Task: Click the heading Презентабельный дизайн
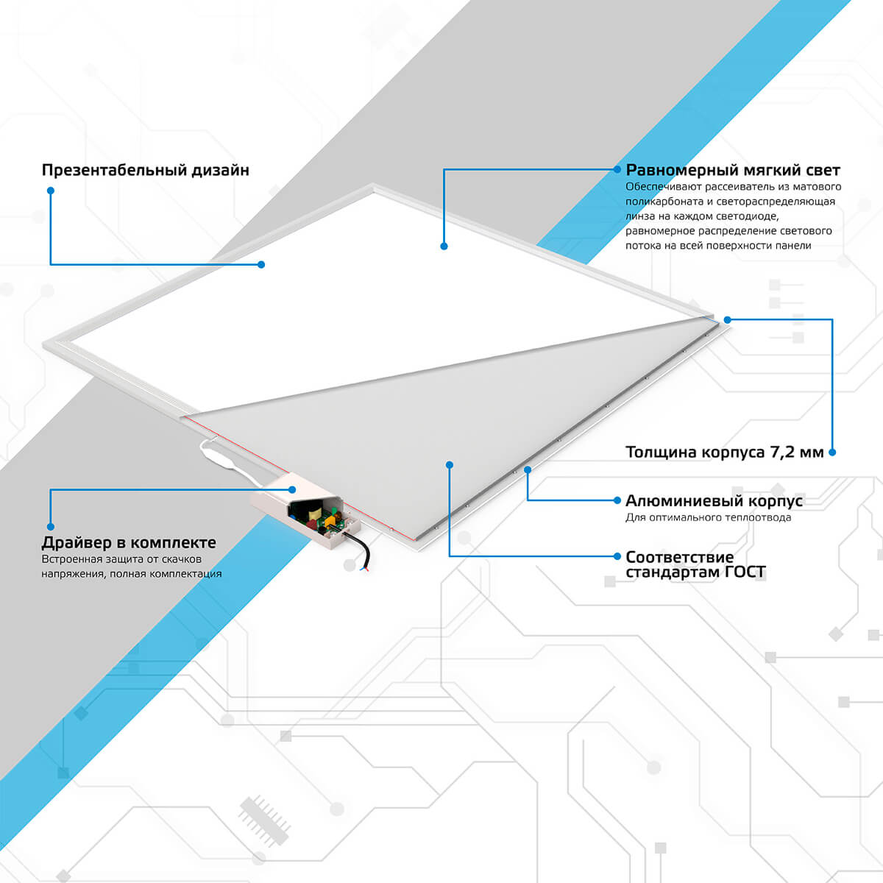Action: click(x=145, y=171)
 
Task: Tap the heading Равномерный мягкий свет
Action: click(x=733, y=171)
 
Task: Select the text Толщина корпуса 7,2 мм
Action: click(x=725, y=453)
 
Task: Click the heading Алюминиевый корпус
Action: click(x=714, y=501)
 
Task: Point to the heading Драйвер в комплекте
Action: click(x=129, y=542)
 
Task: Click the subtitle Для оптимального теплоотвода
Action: click(x=709, y=518)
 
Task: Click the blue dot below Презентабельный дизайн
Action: click(x=51, y=191)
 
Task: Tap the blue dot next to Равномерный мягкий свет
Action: click(x=617, y=169)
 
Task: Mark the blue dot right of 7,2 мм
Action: click(x=832, y=453)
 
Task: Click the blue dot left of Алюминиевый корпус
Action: click(x=617, y=500)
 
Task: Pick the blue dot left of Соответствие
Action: click(x=617, y=556)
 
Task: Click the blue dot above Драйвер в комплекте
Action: click(x=51, y=527)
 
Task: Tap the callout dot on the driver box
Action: click(x=292, y=490)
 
